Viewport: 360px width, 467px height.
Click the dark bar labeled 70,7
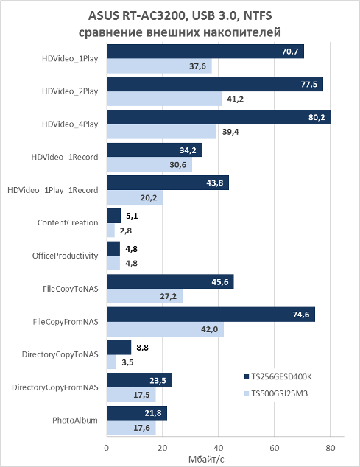[x=205, y=52]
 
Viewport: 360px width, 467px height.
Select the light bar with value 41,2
[x=164, y=99]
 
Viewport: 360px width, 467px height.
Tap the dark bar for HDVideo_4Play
[x=219, y=117]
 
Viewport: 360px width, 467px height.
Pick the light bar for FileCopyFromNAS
[x=165, y=329]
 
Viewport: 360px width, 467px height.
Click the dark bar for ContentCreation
[x=114, y=216]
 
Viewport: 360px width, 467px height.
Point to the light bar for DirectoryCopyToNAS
[x=111, y=362]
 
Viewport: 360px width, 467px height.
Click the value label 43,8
[x=215, y=183]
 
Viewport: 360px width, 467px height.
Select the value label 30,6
[x=178, y=165]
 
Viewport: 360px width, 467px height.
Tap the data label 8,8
[x=142, y=348]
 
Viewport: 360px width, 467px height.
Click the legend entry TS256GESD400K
[x=278, y=376]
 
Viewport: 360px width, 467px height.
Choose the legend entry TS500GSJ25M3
[x=276, y=393]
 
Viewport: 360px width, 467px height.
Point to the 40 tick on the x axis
[x=218, y=448]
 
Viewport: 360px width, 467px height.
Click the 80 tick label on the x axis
[x=331, y=448]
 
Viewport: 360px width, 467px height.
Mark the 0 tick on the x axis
[x=107, y=448]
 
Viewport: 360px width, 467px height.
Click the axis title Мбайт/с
[x=206, y=459]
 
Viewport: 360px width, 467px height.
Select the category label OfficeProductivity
[x=65, y=256]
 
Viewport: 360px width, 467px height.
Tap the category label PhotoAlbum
[x=75, y=421]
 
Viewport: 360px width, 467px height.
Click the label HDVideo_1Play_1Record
[x=53, y=190]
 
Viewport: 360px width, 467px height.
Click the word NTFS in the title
[x=258, y=15]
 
